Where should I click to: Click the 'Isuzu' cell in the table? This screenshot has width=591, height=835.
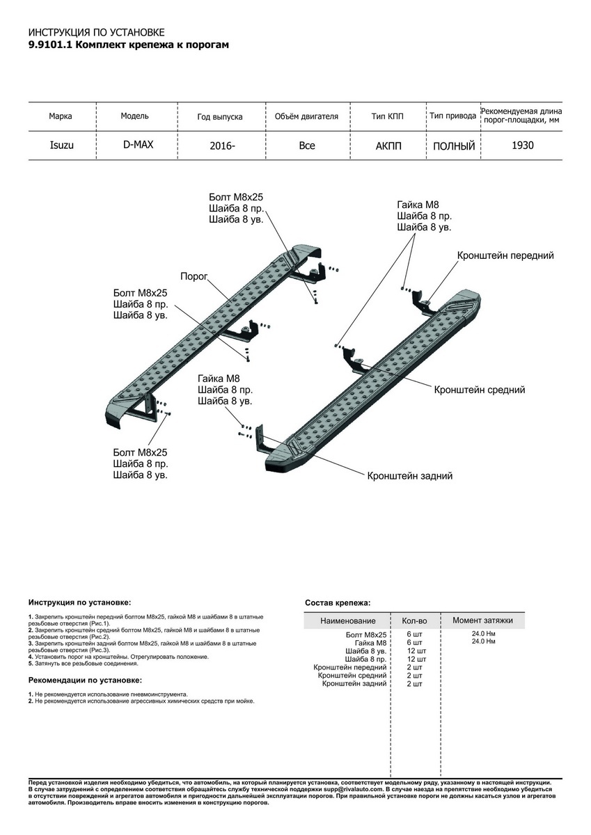click(x=61, y=146)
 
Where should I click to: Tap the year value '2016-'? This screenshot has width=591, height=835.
click(x=221, y=147)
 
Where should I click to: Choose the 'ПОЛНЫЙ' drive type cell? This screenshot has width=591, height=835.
click(x=453, y=147)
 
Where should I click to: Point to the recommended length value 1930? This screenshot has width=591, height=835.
click(x=523, y=145)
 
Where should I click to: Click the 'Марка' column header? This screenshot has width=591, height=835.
click(x=61, y=116)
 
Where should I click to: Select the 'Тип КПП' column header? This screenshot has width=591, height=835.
click(x=387, y=116)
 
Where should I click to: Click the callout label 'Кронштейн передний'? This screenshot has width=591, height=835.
click(x=505, y=256)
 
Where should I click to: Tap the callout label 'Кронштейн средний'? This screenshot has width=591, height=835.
click(x=479, y=390)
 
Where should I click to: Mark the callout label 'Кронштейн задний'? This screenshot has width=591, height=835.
click(x=410, y=477)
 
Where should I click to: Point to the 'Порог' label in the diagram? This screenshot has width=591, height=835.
click(x=194, y=276)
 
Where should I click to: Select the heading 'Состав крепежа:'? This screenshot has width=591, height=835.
click(x=338, y=603)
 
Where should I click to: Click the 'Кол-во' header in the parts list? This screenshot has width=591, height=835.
click(x=414, y=621)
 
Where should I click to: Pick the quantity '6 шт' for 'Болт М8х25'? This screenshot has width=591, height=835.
click(x=414, y=635)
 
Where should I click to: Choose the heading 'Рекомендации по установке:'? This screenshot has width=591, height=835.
click(x=85, y=680)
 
